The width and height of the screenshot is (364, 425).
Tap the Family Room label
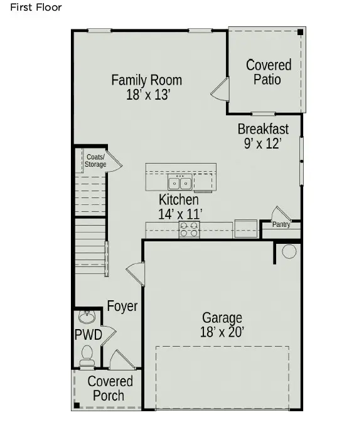[146, 80]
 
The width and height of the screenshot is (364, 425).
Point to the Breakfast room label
[263, 129]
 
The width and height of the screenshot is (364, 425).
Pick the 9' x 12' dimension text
[262, 144]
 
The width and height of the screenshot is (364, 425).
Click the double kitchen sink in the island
[180, 183]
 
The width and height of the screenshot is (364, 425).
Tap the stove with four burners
[189, 230]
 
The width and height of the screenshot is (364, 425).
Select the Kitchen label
[178, 200]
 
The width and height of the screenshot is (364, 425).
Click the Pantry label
[281, 224]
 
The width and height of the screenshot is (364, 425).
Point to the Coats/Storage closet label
[96, 160]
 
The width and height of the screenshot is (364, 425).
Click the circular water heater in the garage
[289, 252]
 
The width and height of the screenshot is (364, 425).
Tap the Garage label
[222, 318]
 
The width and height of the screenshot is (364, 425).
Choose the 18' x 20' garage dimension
[222, 332]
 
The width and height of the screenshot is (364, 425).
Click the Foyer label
[122, 307]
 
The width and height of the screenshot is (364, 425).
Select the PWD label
[88, 335]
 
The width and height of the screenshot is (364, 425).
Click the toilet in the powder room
[87, 355]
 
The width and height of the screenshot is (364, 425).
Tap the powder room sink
[88, 315]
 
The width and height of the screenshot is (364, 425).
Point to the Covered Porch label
[110, 389]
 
